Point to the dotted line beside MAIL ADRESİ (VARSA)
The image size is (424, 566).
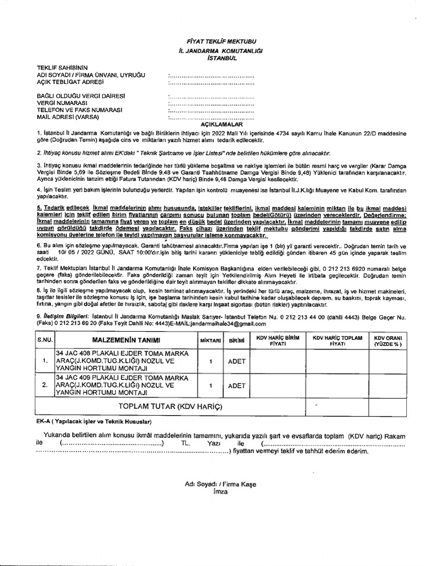click(x=211, y=117)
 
